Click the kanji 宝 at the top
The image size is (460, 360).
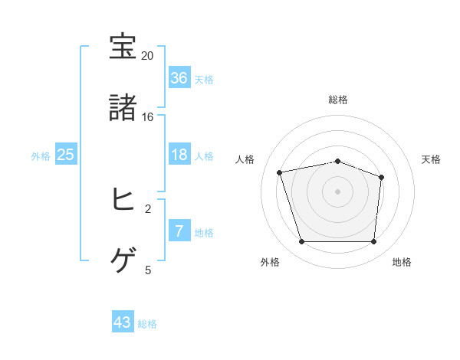coord(123,48)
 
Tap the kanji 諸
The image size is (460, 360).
coord(123,109)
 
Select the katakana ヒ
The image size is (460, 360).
coord(123,201)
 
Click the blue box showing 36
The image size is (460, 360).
coord(179,78)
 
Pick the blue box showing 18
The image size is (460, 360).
coord(179,155)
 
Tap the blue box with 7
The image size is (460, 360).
coord(179,231)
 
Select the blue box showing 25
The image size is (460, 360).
coord(66,155)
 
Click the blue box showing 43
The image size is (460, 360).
coord(123,322)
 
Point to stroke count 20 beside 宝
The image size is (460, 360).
coord(148,56)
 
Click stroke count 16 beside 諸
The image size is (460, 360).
coord(148,117)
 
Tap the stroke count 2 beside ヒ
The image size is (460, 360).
coord(148,208)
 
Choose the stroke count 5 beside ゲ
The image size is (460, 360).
coord(148,270)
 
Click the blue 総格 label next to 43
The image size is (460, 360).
coord(147,324)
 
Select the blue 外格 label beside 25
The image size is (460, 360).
coord(41,156)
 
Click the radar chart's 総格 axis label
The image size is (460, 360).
coord(338,100)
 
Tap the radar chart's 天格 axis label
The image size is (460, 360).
coord(431,159)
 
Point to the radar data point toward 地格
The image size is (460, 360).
coord(374,242)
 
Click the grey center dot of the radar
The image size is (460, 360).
coord(338,191)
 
